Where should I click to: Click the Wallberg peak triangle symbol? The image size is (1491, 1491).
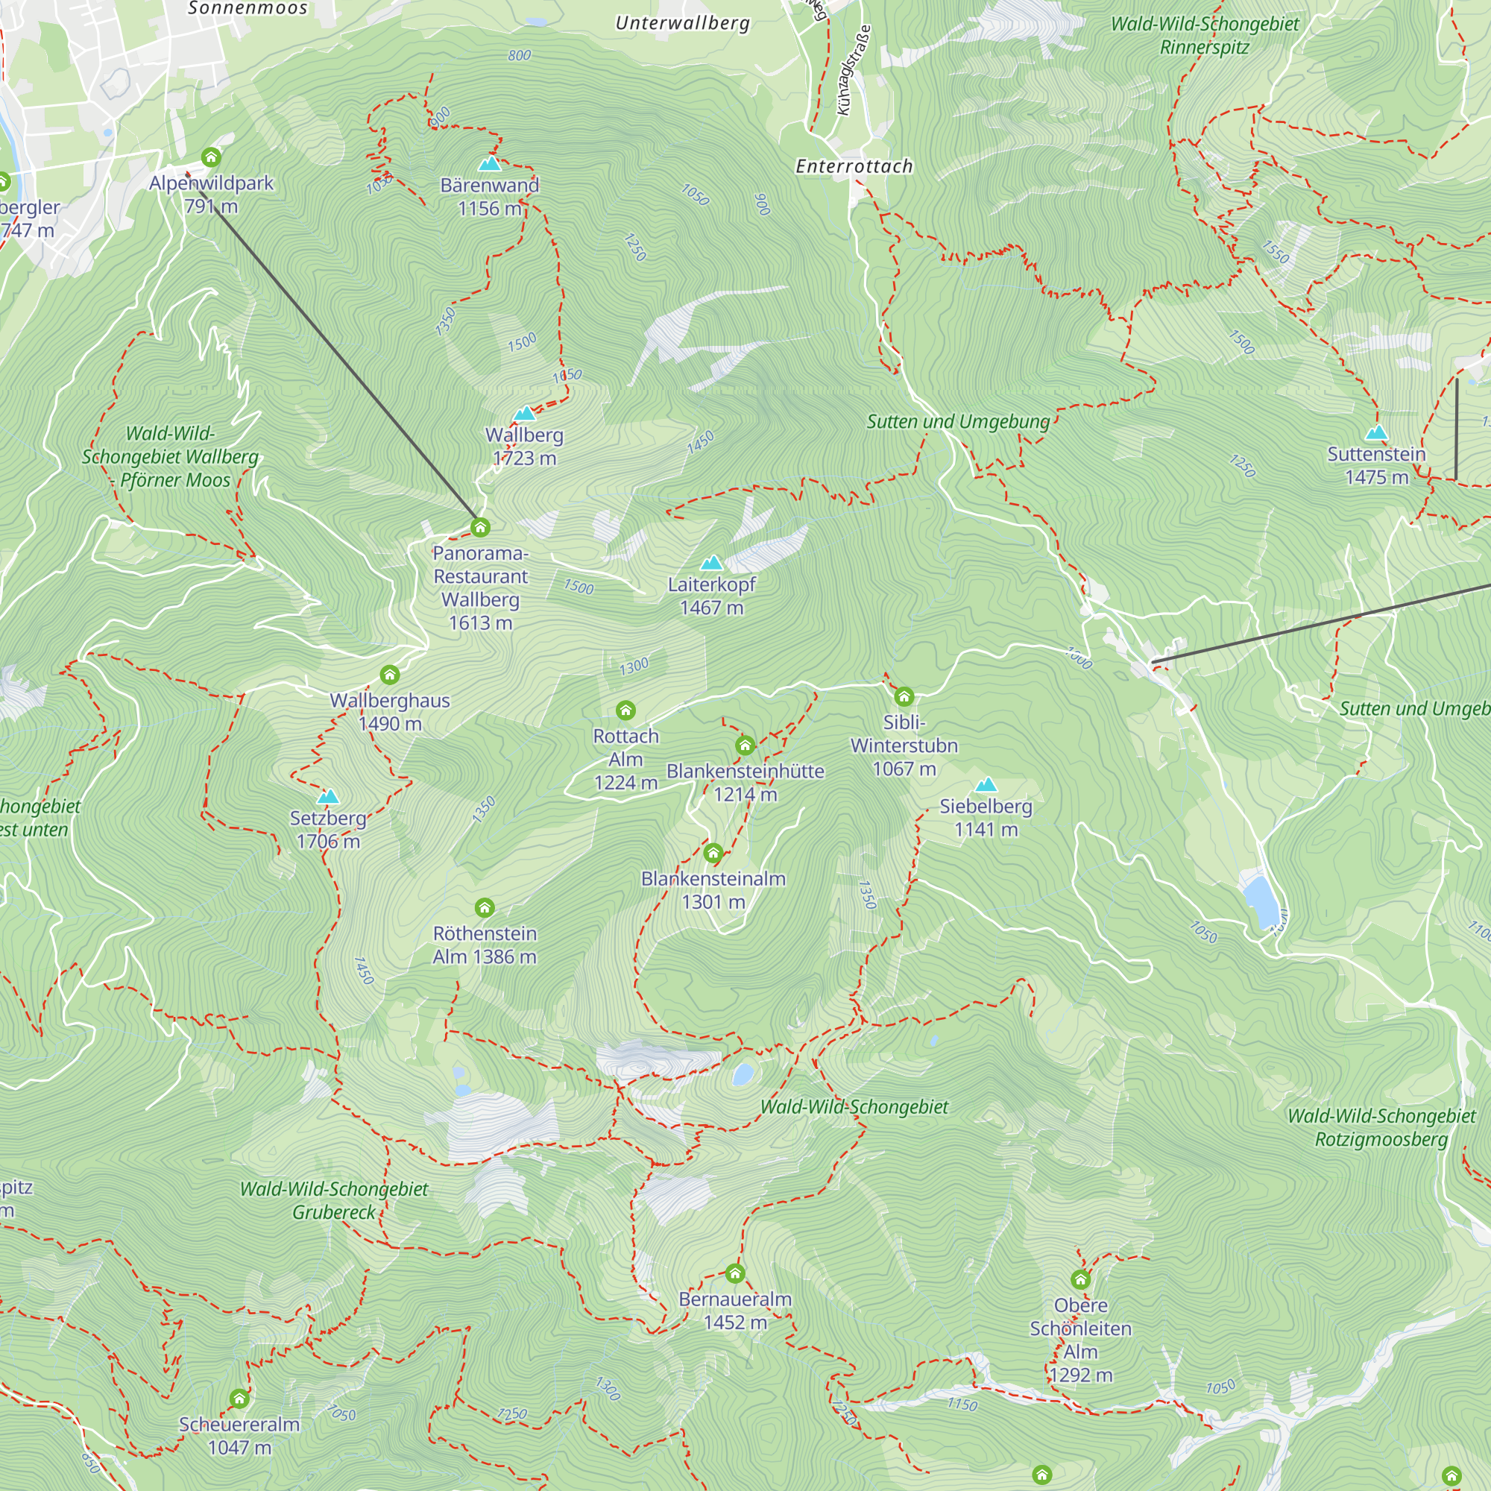525,414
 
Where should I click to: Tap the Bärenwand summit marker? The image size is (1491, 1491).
489,163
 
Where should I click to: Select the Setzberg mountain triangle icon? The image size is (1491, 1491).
328,796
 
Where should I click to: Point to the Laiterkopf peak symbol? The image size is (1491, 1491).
711,563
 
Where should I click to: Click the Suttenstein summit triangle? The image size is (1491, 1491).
1376,432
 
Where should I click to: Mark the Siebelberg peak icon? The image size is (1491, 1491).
986,785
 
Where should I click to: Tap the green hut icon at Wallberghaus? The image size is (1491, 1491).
390,675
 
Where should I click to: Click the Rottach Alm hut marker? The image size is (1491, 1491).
626,710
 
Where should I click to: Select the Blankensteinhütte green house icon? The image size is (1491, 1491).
745,745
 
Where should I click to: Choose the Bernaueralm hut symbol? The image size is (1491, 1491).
735,1273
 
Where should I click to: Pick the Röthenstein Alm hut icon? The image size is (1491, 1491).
484,907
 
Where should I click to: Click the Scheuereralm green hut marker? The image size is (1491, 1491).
239,1399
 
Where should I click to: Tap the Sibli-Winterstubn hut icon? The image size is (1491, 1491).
904,697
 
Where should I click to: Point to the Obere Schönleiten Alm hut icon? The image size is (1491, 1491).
1080,1279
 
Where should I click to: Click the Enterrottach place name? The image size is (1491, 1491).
854,166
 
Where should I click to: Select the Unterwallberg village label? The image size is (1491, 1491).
682,23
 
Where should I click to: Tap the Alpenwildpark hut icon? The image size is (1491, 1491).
211,158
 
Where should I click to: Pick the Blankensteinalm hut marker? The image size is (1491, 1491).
713,853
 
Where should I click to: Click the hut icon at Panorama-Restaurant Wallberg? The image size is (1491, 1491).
480,528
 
